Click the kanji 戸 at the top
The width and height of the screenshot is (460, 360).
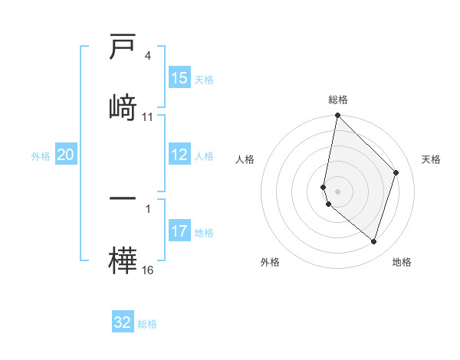123,48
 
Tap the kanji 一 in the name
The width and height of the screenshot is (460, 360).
123,198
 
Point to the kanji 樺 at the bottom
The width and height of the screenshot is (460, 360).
123,259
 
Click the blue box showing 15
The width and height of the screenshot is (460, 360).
179,78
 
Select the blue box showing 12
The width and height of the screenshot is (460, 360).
179,155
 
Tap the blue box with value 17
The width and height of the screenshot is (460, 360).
179,231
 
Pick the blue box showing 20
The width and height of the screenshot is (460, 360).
66,155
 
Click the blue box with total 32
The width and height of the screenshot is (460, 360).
123,322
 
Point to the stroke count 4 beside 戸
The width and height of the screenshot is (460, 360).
148,56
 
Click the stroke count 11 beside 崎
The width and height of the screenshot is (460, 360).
148,117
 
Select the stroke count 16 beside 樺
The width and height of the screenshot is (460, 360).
148,270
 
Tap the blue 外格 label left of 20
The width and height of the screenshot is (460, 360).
41,155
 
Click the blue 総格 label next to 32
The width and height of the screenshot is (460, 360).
147,323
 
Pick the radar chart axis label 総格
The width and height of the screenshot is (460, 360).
338,100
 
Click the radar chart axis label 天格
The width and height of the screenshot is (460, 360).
431,159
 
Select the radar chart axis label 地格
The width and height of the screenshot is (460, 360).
402,262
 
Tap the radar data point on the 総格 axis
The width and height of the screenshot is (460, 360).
337,116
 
